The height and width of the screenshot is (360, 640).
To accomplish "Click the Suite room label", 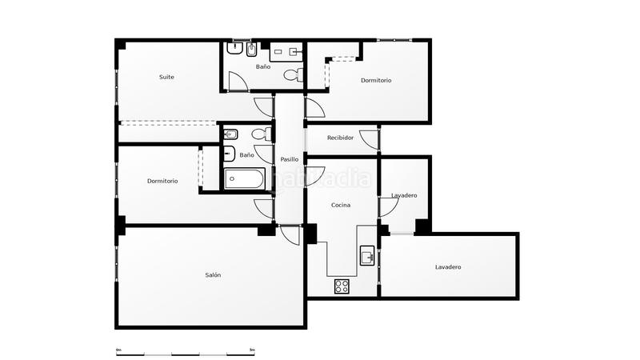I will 166,77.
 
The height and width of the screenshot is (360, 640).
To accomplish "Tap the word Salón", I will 213,274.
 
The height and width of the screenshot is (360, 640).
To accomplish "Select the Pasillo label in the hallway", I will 289,158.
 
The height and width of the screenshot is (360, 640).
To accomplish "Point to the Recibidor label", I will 340,138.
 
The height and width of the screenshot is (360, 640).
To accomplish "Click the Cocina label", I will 341,205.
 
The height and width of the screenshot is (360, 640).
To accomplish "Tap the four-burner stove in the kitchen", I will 342,286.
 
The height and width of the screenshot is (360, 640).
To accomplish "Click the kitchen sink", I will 367,256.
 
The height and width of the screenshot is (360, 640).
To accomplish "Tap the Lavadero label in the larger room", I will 448,266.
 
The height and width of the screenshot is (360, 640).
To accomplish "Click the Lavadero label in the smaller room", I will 403,195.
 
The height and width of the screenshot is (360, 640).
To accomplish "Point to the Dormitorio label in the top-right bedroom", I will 375,80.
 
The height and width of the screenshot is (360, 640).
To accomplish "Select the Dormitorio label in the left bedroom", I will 162,181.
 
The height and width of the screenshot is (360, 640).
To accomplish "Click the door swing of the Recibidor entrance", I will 368,139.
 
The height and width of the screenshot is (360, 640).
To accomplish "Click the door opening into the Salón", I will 289,234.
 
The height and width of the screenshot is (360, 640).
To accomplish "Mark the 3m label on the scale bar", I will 252,350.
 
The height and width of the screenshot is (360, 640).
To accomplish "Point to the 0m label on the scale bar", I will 118,350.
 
